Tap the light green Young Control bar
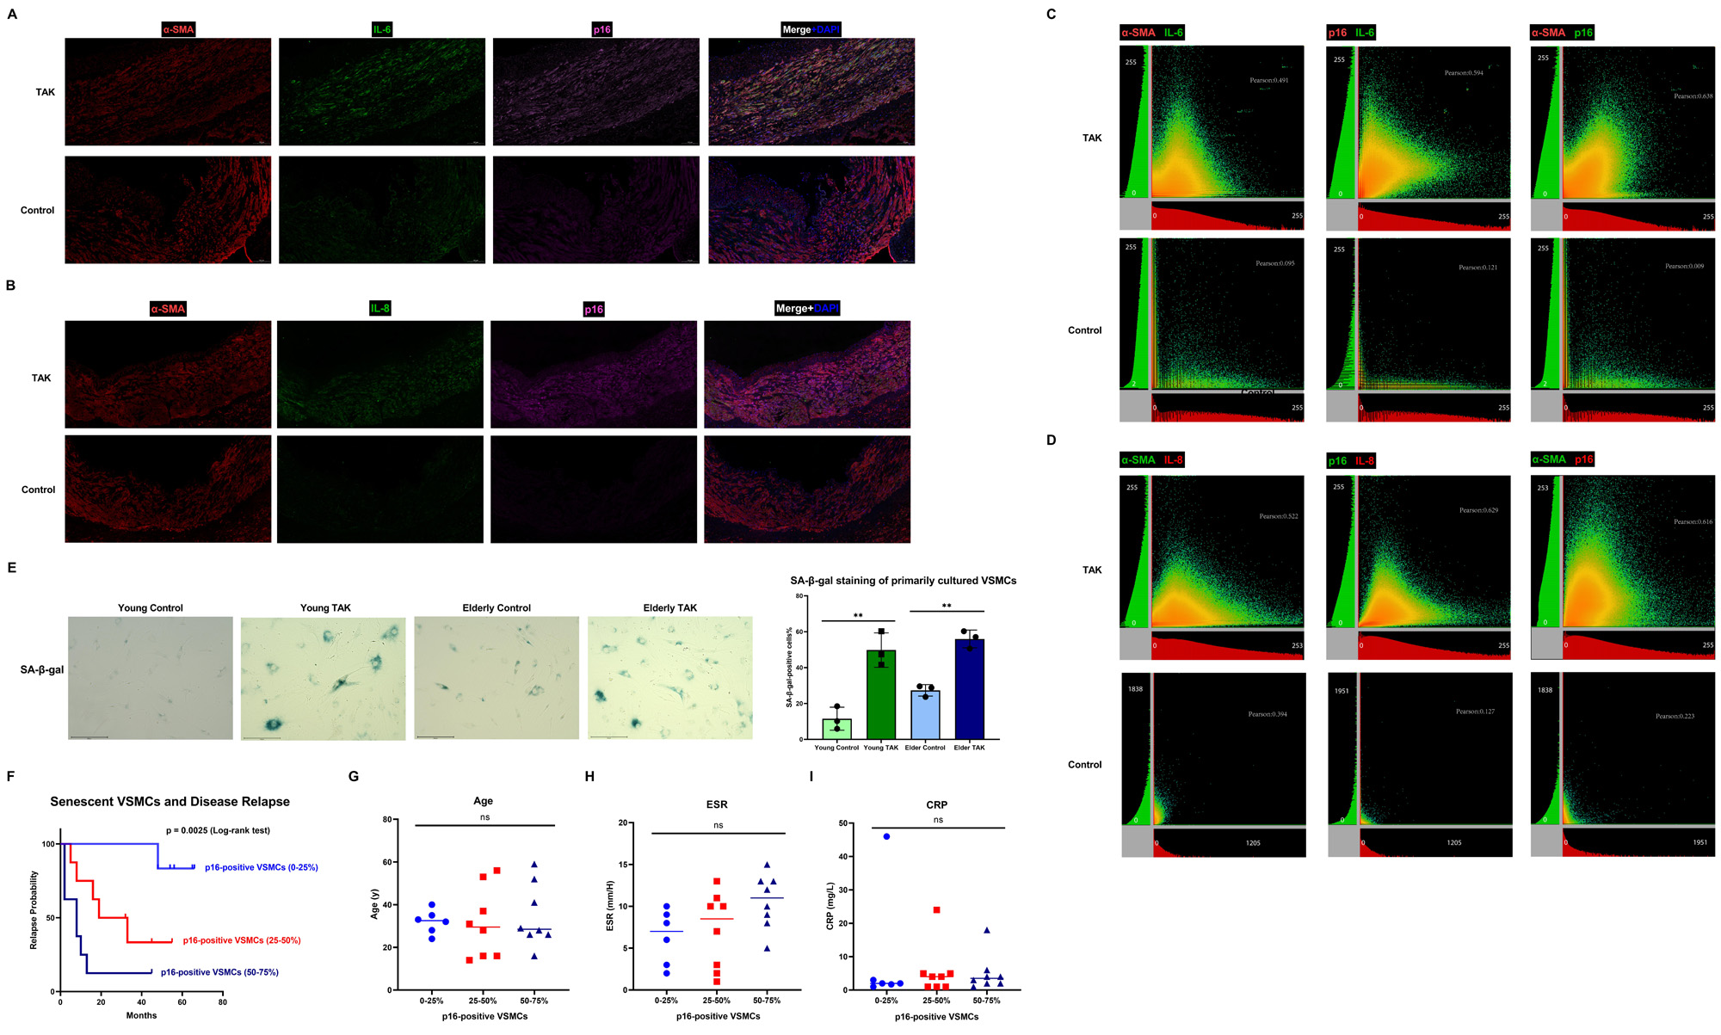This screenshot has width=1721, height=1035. coord(836,729)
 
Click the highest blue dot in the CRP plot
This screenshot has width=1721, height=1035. coord(886,836)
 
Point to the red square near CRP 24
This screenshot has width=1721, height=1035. coord(936,909)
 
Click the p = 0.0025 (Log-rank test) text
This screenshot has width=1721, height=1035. coord(218,830)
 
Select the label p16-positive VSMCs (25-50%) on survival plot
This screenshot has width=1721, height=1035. coord(242,940)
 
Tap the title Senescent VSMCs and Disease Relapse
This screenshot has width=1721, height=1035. coord(170,801)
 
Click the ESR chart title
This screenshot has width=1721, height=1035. coord(717,804)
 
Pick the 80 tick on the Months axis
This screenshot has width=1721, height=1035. coord(223,1002)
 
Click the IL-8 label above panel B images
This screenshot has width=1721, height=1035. coord(379,308)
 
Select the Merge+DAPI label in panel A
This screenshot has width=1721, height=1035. coord(811,29)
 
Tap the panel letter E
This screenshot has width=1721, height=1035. coord(11,568)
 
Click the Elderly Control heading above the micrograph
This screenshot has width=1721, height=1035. coord(497,607)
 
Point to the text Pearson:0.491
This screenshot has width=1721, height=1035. coord(1268,80)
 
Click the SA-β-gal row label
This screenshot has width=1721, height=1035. coord(42,669)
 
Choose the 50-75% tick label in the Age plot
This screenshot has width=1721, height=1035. coord(534,1001)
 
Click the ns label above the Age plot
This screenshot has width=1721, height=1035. coord(484,817)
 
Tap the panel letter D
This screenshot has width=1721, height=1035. coord(1051,440)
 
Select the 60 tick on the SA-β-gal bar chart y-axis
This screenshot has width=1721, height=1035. coord(799,631)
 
